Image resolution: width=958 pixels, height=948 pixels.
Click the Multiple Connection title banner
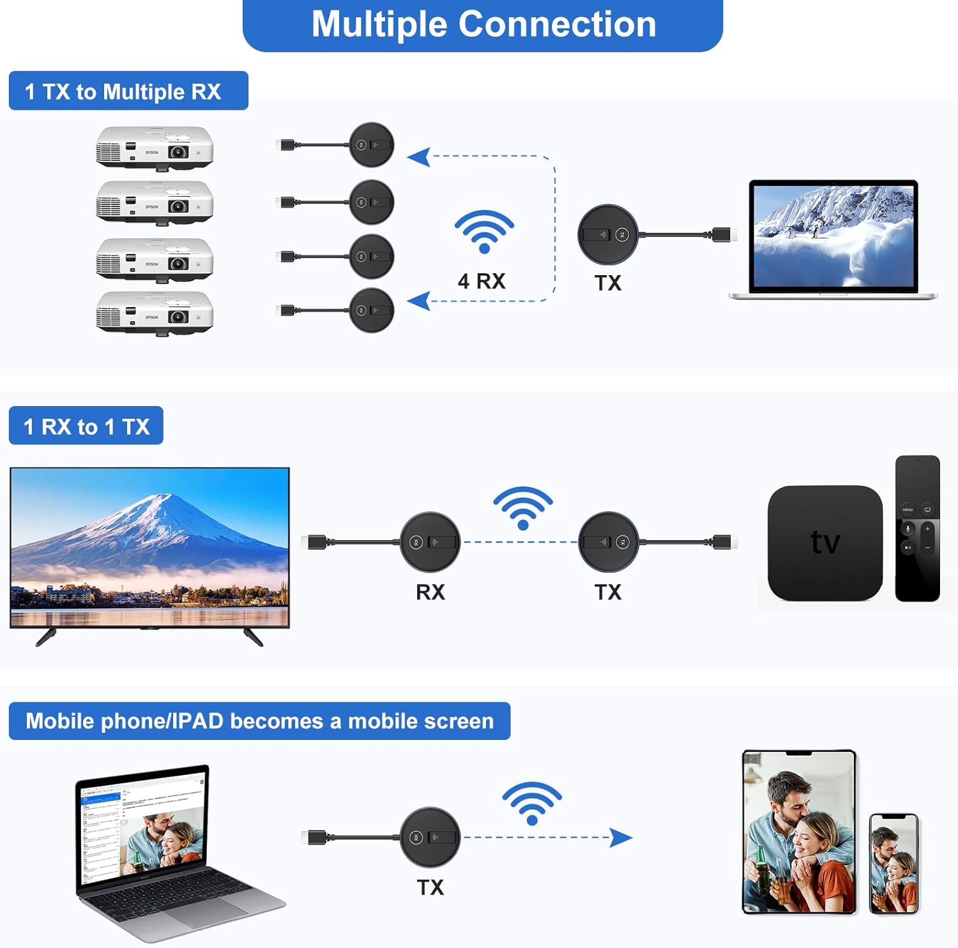click(483, 25)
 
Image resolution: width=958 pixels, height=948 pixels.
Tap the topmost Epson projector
click(155, 147)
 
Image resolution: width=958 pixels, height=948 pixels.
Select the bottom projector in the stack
click(155, 312)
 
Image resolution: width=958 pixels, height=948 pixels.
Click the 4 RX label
click(482, 281)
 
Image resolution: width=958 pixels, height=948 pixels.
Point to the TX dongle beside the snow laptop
click(607, 235)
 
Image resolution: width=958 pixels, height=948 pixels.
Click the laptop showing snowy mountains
click(833, 239)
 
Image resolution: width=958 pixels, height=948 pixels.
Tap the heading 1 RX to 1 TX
click(86, 426)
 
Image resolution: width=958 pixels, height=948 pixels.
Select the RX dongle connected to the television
click(430, 542)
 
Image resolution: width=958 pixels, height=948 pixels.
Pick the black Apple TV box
click(825, 543)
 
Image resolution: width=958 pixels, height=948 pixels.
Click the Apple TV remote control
click(917, 528)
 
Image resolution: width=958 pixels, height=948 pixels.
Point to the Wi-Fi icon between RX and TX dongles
click(522, 508)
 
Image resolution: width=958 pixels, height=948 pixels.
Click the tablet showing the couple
click(798, 831)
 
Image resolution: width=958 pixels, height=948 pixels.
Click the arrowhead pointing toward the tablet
click(621, 837)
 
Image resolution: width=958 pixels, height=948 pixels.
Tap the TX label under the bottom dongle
click(430, 887)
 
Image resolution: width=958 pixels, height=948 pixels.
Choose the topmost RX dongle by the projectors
click(371, 145)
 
